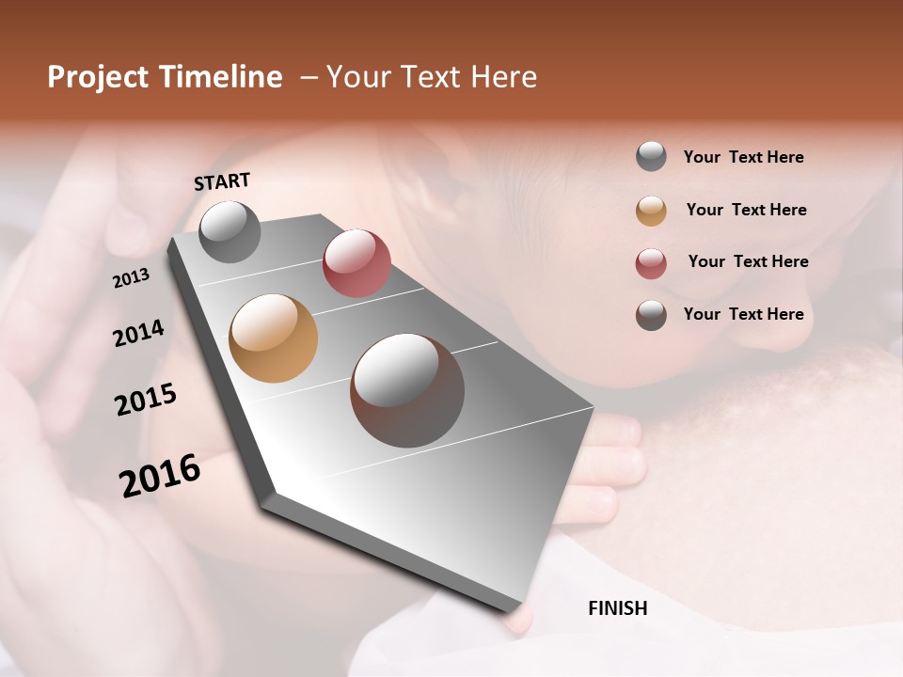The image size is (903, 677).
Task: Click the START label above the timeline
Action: [x=222, y=181]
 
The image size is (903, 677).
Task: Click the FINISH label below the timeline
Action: [x=618, y=608]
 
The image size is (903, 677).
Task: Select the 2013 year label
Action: [x=131, y=278]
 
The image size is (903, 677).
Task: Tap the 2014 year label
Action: [x=138, y=333]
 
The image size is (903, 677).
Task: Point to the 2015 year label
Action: [x=146, y=400]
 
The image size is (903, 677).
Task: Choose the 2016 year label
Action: [x=160, y=476]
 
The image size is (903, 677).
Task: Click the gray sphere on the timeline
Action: [x=230, y=232]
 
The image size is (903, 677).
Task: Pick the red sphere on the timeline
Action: [x=356, y=263]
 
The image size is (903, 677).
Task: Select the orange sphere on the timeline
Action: [x=274, y=338]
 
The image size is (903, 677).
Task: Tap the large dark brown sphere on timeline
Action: [x=407, y=390]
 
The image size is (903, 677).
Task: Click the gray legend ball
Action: [x=651, y=157]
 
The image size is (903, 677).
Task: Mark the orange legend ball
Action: [x=651, y=211]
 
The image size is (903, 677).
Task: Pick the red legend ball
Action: [x=651, y=263]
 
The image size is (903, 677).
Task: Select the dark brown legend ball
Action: [x=651, y=315]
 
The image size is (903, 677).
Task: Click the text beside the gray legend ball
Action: [x=743, y=157]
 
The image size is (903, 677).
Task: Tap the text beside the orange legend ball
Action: [x=746, y=210]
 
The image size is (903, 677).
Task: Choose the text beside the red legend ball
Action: [x=748, y=261]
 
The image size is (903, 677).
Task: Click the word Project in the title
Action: [x=98, y=77]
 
